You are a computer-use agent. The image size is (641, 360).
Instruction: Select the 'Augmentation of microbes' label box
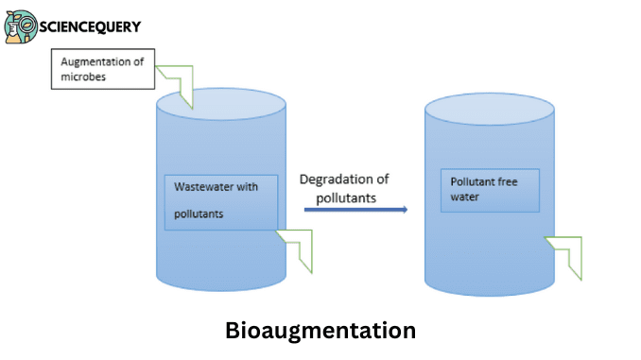click(x=102, y=70)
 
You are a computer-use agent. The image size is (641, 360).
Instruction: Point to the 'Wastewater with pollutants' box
click(x=220, y=201)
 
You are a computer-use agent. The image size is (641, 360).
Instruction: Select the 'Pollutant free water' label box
click(x=489, y=190)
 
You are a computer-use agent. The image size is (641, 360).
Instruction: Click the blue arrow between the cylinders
click(x=355, y=209)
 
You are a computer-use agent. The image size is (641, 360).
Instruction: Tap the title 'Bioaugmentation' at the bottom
click(x=320, y=331)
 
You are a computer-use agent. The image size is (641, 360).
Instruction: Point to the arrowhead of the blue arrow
click(x=404, y=209)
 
